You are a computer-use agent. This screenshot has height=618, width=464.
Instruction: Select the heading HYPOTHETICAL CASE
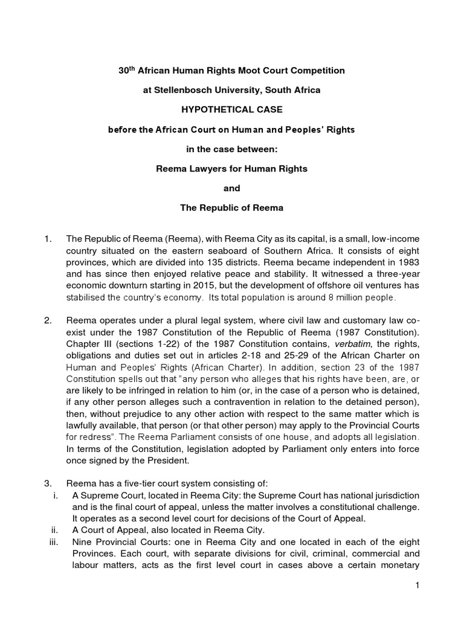pyautogui.click(x=231, y=110)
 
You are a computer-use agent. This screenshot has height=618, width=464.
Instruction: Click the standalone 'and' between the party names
pyautogui.click(x=232, y=188)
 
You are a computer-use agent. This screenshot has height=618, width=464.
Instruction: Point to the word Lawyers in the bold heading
pyautogui.click(x=207, y=169)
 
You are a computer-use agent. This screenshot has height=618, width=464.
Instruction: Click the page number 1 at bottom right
pyautogui.click(x=417, y=585)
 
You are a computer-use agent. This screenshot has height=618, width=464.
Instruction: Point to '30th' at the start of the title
pyautogui.click(x=127, y=70)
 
